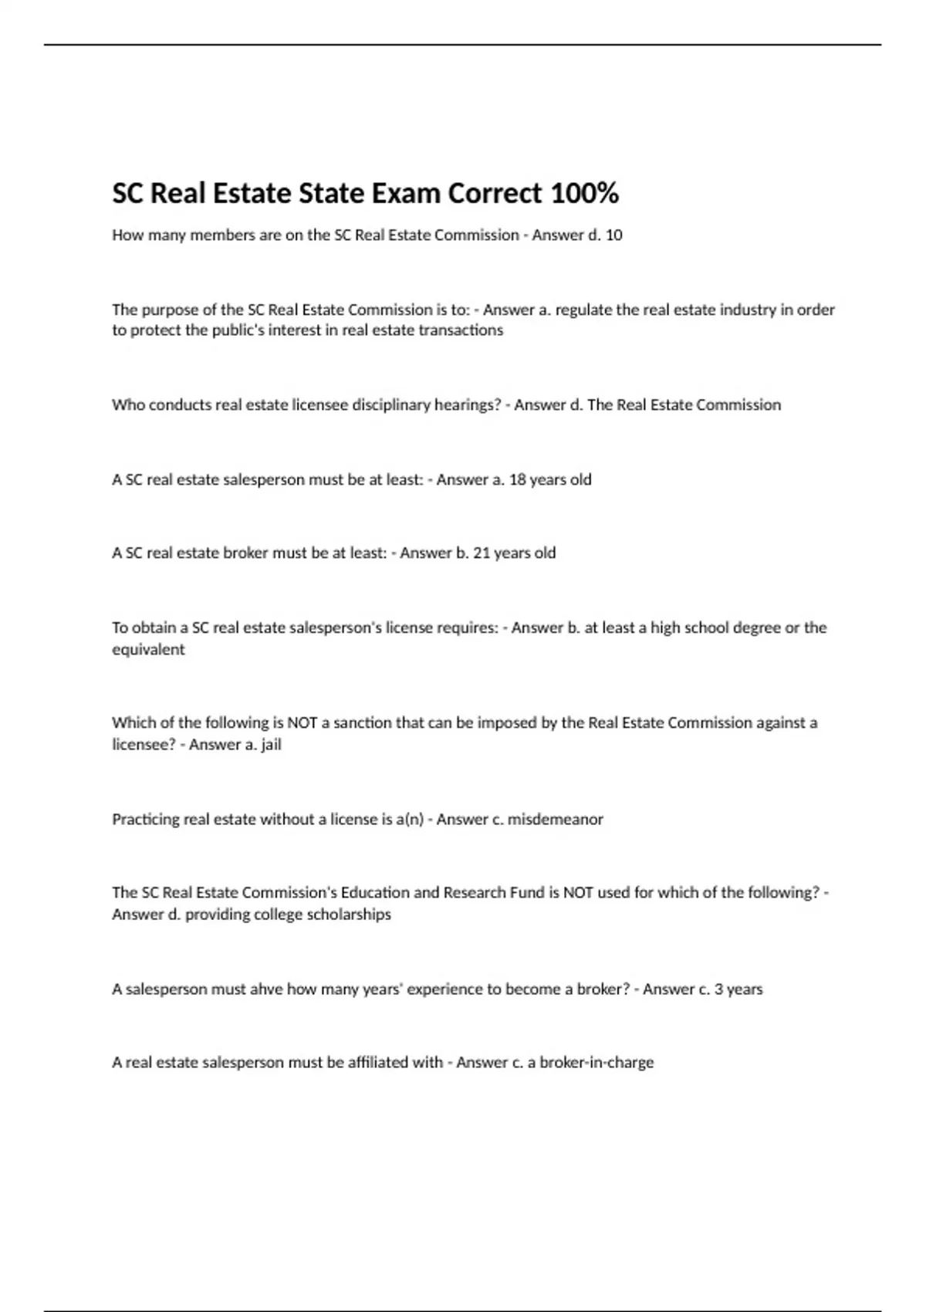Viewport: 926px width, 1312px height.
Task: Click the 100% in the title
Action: click(x=584, y=193)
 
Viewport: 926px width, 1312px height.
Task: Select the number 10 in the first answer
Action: click(x=613, y=235)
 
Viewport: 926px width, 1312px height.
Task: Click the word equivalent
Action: click(x=148, y=649)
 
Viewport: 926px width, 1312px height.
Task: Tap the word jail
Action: click(x=271, y=745)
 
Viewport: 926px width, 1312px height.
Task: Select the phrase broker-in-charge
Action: click(x=596, y=1063)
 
